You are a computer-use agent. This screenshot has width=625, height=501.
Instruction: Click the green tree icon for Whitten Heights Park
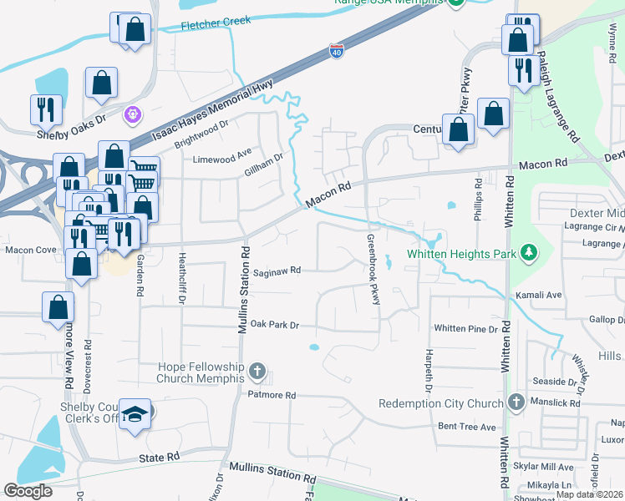point(527,252)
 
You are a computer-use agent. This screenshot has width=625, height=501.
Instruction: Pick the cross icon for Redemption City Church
point(516,403)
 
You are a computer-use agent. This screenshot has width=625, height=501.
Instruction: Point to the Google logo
point(28,491)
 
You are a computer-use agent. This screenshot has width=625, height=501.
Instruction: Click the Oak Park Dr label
point(274,324)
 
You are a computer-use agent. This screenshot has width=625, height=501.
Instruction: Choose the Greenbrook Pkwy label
point(373,269)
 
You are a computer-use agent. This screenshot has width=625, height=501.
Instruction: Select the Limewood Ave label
point(222,159)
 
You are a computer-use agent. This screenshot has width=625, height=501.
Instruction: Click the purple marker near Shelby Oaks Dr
point(131,114)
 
